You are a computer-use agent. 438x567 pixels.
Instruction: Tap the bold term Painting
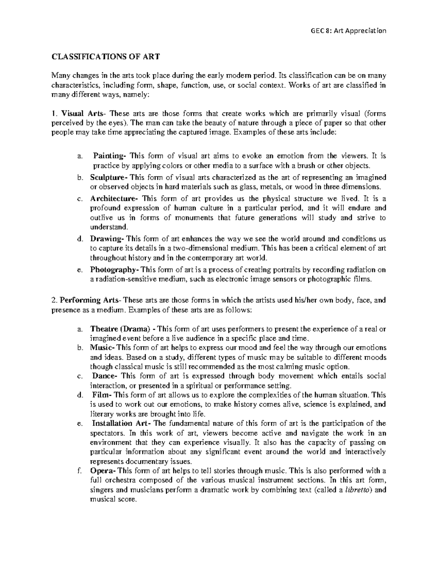click(109, 156)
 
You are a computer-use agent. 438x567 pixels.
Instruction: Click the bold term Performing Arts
click(89, 300)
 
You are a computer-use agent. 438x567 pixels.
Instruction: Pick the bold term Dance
click(104, 376)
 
